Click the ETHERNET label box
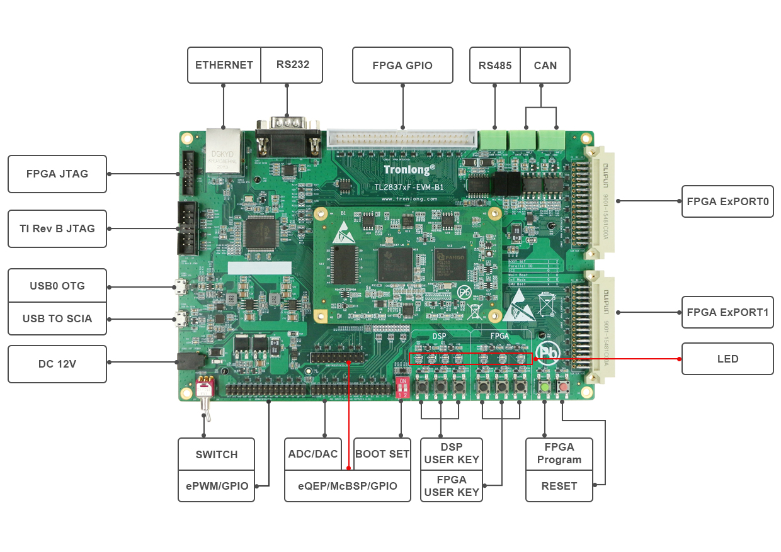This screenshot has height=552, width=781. pyautogui.click(x=224, y=65)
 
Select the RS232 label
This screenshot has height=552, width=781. pyautogui.click(x=292, y=64)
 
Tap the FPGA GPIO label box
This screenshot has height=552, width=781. pyautogui.click(x=402, y=65)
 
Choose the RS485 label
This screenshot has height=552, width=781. pyautogui.click(x=495, y=65)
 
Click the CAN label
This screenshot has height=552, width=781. pyautogui.click(x=545, y=65)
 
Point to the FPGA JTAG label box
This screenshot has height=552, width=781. pyautogui.click(x=57, y=174)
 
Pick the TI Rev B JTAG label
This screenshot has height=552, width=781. pyautogui.click(x=57, y=228)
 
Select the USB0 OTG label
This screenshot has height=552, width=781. pyautogui.click(x=57, y=286)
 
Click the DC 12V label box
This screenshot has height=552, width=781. pyautogui.click(x=57, y=364)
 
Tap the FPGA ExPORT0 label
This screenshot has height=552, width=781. pyautogui.click(x=727, y=201)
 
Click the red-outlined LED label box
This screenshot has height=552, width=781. pyautogui.click(x=727, y=359)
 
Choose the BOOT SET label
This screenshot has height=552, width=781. pyautogui.click(x=382, y=454)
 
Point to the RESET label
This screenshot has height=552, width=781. pyautogui.click(x=559, y=486)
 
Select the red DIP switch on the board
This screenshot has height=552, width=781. pyautogui.click(x=402, y=386)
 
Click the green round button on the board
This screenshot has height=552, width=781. pyautogui.click(x=544, y=386)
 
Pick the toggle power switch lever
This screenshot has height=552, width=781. pyautogui.click(x=205, y=403)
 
